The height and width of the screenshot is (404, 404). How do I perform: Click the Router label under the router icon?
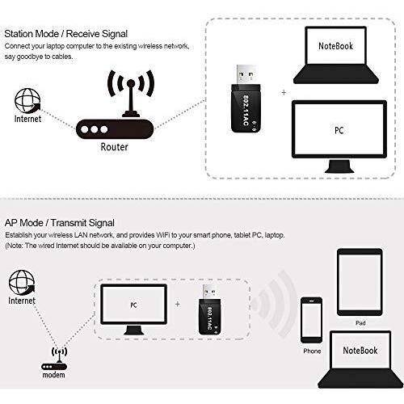[114, 147]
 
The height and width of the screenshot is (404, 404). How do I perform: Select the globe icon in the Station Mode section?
[27, 100]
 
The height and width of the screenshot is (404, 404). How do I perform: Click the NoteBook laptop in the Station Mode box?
[336, 55]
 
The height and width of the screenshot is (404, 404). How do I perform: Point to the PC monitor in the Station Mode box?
[339, 137]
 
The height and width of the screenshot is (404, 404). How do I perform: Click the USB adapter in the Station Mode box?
[246, 99]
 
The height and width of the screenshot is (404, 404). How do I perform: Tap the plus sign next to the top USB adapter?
[284, 93]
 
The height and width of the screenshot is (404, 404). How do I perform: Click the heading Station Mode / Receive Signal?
[66, 34]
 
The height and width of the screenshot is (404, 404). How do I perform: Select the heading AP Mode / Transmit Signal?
[60, 223]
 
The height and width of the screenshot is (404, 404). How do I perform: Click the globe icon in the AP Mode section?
[22, 283]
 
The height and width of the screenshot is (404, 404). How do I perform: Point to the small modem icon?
[54, 359]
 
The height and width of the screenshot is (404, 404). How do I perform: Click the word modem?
[54, 375]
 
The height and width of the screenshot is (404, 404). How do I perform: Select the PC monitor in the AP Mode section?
[133, 309]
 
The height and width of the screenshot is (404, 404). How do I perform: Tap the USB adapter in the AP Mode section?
[210, 309]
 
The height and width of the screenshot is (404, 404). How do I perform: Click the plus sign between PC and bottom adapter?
[178, 305]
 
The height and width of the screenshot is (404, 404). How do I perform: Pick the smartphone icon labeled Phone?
[311, 320]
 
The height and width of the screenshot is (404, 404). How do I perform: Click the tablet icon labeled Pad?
[360, 282]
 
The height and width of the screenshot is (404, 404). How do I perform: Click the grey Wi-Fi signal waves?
[277, 305]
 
